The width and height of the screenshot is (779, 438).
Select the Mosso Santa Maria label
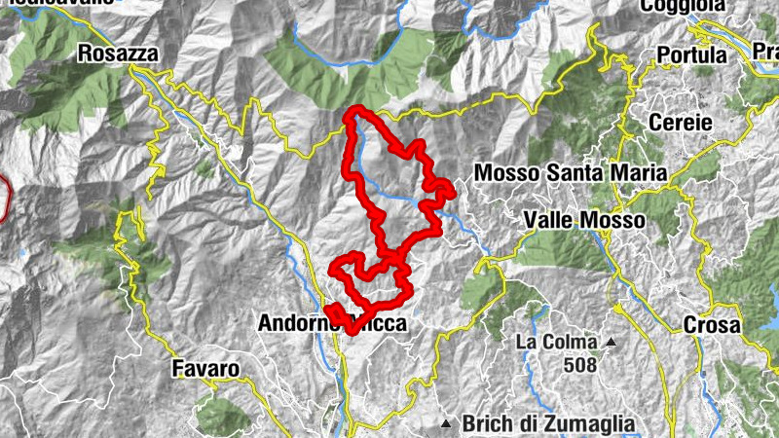tap(570, 172)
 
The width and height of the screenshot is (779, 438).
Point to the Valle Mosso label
tap(584, 221)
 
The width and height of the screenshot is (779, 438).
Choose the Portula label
tap(692, 55)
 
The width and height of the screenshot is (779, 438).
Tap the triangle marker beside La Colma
tap(611, 343)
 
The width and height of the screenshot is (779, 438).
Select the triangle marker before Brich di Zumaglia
tap(446, 423)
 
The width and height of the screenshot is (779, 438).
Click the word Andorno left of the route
tap(291, 322)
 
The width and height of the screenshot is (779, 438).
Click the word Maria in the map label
tap(643, 172)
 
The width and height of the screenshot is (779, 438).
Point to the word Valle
tap(552, 221)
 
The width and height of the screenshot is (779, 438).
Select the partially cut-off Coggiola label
tap(683, 6)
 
